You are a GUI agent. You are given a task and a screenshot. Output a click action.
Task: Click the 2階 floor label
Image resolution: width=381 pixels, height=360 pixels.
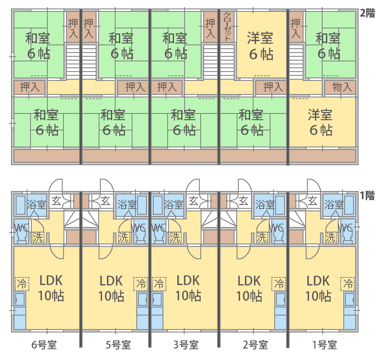tap(367, 13)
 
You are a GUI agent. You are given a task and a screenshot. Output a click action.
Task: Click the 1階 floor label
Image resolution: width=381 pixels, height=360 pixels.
tap(367, 196)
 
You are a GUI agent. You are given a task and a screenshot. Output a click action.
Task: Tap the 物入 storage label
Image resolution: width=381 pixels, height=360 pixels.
tap(342, 87)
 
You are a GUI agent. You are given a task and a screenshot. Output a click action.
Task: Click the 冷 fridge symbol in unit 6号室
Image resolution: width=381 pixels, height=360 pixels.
tap(22, 283)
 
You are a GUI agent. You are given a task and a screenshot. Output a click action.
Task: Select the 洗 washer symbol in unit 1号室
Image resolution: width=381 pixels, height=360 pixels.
tap(331, 237)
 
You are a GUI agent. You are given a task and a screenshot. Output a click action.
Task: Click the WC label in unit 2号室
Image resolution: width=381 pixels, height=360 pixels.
tap(276, 228)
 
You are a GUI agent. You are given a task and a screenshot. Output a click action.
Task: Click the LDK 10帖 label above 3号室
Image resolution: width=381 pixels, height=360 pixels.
tap(188, 288)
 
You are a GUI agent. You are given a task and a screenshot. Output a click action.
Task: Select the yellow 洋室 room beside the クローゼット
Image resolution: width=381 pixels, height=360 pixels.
tap(260, 46)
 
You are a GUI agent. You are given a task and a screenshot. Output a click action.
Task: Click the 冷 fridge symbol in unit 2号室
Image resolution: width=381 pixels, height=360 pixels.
tap(279, 283)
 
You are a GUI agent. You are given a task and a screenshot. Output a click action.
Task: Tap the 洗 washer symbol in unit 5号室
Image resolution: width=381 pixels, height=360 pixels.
tap(124, 237)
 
